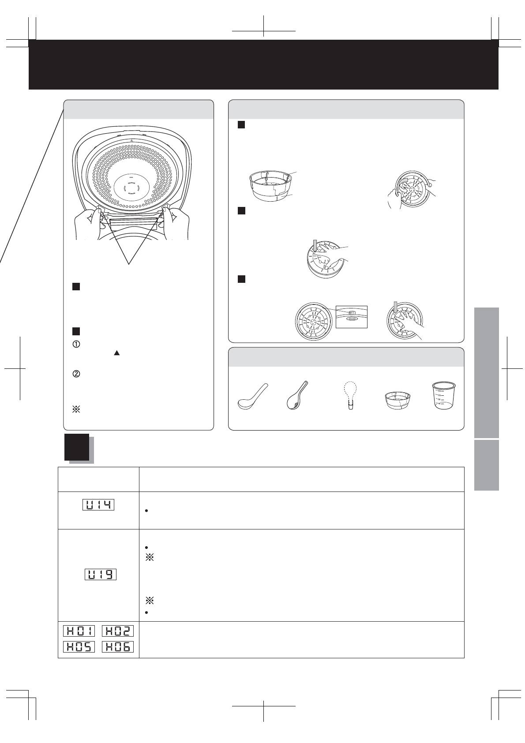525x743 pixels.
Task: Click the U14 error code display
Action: [98, 504]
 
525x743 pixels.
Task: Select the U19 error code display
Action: [100, 574]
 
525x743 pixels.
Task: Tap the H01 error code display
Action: [79, 630]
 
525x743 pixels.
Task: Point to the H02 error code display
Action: [118, 630]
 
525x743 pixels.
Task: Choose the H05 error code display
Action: [79, 647]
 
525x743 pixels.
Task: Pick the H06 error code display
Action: [118, 647]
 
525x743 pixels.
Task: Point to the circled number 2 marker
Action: [76, 373]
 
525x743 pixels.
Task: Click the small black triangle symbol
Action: [116, 353]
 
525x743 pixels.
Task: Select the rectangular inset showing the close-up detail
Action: [351, 317]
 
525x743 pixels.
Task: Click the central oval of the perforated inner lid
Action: [131, 188]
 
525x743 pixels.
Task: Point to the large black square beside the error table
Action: [77, 447]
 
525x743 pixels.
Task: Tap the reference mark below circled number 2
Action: [76, 409]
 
